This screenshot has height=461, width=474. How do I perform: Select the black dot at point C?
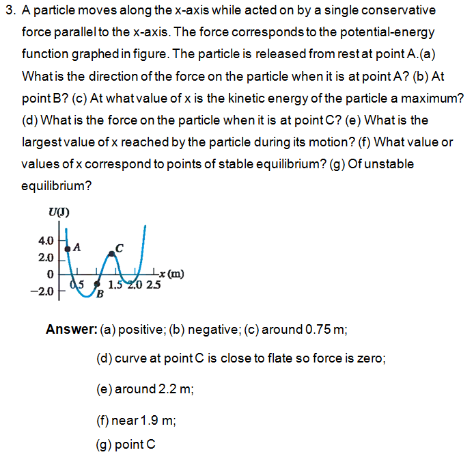(112, 253)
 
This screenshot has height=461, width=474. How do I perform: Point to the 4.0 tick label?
(46, 241)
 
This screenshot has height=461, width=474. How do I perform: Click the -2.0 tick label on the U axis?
(43, 292)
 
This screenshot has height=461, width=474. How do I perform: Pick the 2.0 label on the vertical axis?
(46, 258)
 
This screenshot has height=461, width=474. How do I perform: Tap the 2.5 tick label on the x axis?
(152, 285)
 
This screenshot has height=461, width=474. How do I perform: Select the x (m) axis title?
(171, 275)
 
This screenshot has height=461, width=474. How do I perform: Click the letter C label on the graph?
(119, 248)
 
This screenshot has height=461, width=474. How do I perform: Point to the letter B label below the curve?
(100, 295)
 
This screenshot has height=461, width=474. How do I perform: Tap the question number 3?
(9, 11)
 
